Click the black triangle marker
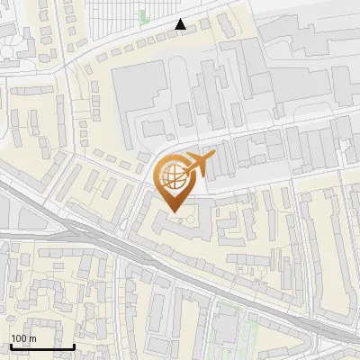(181, 25)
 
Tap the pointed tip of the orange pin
(172, 211)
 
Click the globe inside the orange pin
(172, 175)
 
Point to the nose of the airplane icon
(214, 157)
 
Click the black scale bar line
(42, 346)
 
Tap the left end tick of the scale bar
(10, 345)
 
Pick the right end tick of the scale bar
(75, 345)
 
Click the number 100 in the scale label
(19, 338)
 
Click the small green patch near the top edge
(143, 15)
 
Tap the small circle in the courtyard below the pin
(178, 219)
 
